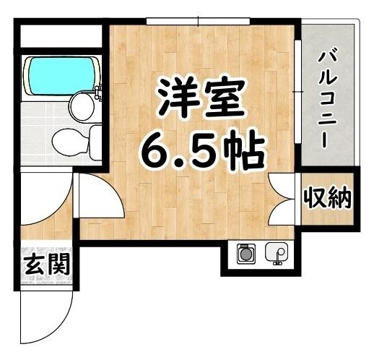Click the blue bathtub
click(x=61, y=75)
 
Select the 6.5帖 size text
click(x=200, y=150)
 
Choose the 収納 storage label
click(x=327, y=197)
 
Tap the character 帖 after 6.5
click(x=238, y=150)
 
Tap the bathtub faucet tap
click(x=99, y=92)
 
